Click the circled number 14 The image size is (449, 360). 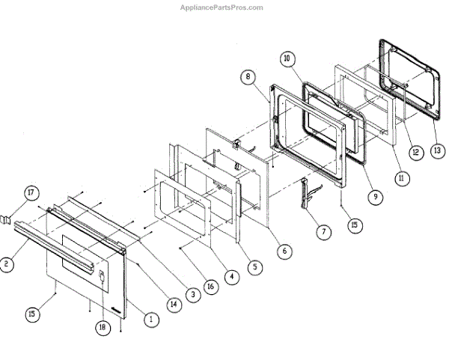[173, 305]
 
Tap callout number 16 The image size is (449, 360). [211, 286]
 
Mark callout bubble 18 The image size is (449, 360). [101, 327]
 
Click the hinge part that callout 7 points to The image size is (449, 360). [306, 193]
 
